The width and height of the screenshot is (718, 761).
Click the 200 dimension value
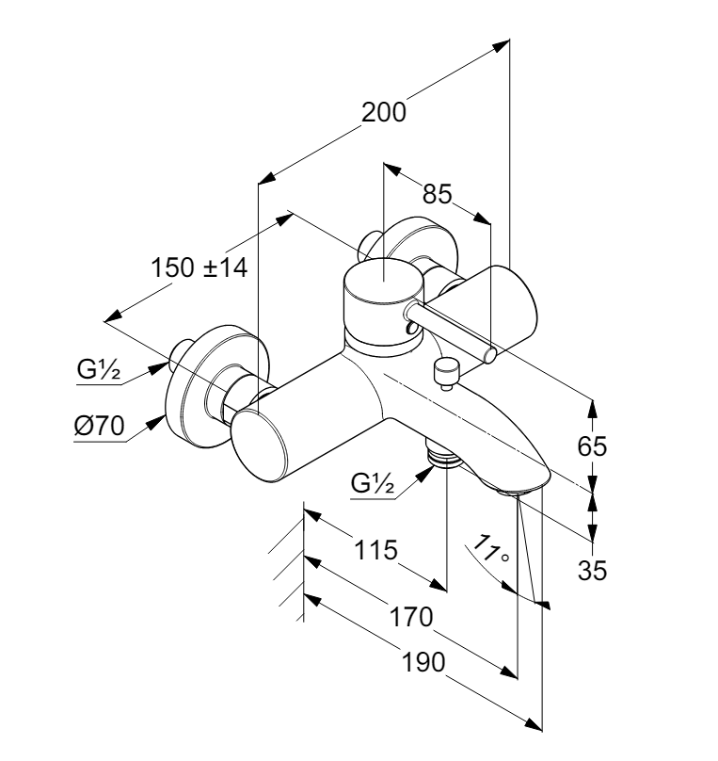(x=386, y=113)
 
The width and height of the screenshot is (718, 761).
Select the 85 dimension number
(x=437, y=195)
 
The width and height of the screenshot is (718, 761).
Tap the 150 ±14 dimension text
(x=199, y=267)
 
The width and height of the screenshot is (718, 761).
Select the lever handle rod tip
(x=490, y=354)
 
